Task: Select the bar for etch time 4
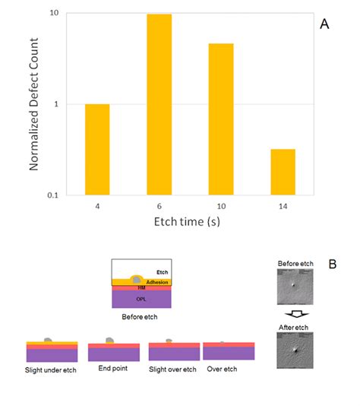coord(97,149)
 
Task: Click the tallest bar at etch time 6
coord(159,104)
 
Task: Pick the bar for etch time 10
coord(221,119)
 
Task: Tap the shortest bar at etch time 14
coord(283,172)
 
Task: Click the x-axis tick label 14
coord(283,205)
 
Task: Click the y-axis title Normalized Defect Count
coord(34,104)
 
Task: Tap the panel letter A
coord(325,24)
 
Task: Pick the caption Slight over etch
coord(174,370)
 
